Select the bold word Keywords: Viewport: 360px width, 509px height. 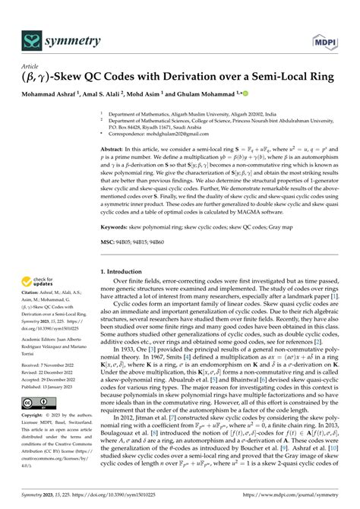coord(117,226)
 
